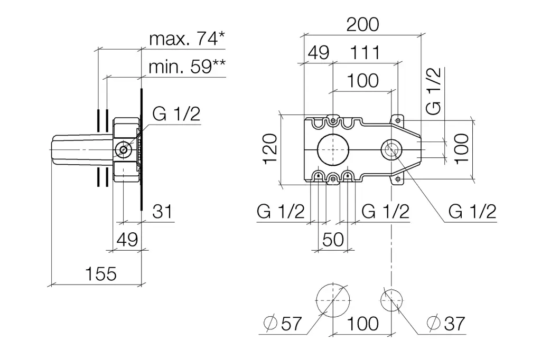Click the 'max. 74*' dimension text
pos(186,39)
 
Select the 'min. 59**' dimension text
pos(186,67)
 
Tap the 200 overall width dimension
pos(363,24)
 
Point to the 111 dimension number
pos(365,52)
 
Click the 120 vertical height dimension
pos(270,150)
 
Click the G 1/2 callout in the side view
pos(176,113)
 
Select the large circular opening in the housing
pos(333,150)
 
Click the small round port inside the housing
pos(391,150)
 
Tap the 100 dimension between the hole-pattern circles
pos(363,323)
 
